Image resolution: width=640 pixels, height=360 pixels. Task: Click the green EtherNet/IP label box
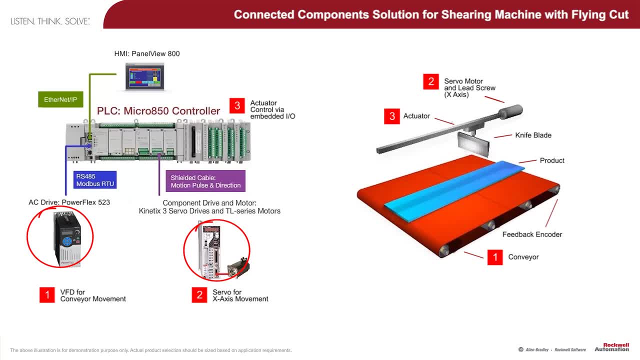coord(60,99)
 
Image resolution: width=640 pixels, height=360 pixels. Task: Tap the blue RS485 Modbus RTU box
coord(95,180)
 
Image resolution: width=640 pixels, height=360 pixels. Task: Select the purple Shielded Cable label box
coord(205,181)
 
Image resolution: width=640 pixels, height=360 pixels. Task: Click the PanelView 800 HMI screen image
coord(144,76)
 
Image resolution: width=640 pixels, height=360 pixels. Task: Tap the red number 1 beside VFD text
coord(47,295)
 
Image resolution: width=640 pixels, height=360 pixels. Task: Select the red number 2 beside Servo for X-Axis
coord(199,295)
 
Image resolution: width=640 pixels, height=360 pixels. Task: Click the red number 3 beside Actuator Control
coord(237,105)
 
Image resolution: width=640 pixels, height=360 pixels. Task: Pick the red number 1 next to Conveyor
coord(495,257)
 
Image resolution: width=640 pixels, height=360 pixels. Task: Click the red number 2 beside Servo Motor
coord(430,81)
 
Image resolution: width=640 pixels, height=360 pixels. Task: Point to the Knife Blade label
coord(533,135)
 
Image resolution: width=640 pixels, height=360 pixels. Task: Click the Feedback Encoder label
coord(532,234)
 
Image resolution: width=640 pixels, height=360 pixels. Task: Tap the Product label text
coord(552,160)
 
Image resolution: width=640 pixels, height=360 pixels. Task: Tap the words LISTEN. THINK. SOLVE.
coord(50,21)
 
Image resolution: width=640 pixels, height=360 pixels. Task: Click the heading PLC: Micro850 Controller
coord(158,110)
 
